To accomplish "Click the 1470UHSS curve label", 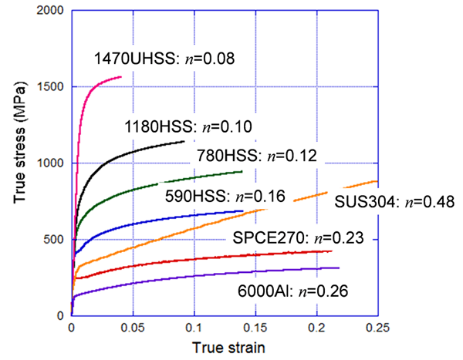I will coord(164,58).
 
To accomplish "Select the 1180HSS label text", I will coord(188,127).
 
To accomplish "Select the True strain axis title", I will coord(228,346).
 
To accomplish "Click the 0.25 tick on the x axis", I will coord(377,326).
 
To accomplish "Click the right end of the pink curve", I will coord(121,77).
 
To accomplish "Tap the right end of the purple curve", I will coord(339,267).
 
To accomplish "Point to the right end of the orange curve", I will coord(377,181).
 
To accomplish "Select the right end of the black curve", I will coord(184,142).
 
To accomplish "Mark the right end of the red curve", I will coord(331,251).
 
